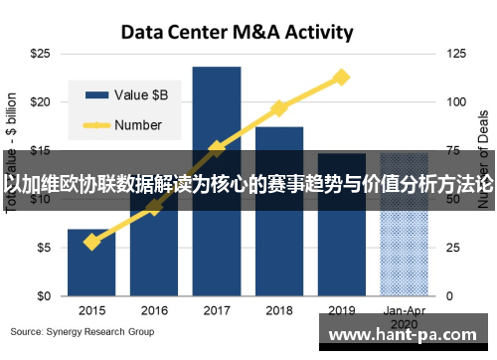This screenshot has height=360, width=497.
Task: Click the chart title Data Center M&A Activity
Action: [x=237, y=32]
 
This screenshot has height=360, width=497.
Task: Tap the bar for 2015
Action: [x=91, y=263]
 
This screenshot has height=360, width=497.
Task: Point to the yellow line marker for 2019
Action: [x=341, y=77]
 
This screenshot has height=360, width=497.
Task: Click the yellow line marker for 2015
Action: [x=91, y=242]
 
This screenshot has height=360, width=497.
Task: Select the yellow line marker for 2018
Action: [x=278, y=107]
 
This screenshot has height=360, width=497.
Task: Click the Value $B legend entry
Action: [x=129, y=94]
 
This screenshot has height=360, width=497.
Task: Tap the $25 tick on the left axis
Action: [x=41, y=52]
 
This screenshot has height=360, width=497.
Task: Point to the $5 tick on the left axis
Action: [x=44, y=248]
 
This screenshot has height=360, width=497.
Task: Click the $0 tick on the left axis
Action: [x=44, y=296]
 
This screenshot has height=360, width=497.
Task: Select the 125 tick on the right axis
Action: [x=456, y=52]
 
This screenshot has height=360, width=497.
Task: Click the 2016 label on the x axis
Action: [x=154, y=309]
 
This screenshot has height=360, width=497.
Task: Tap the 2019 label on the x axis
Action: [x=341, y=309]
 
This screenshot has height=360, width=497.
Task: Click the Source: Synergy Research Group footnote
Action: [x=83, y=331]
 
